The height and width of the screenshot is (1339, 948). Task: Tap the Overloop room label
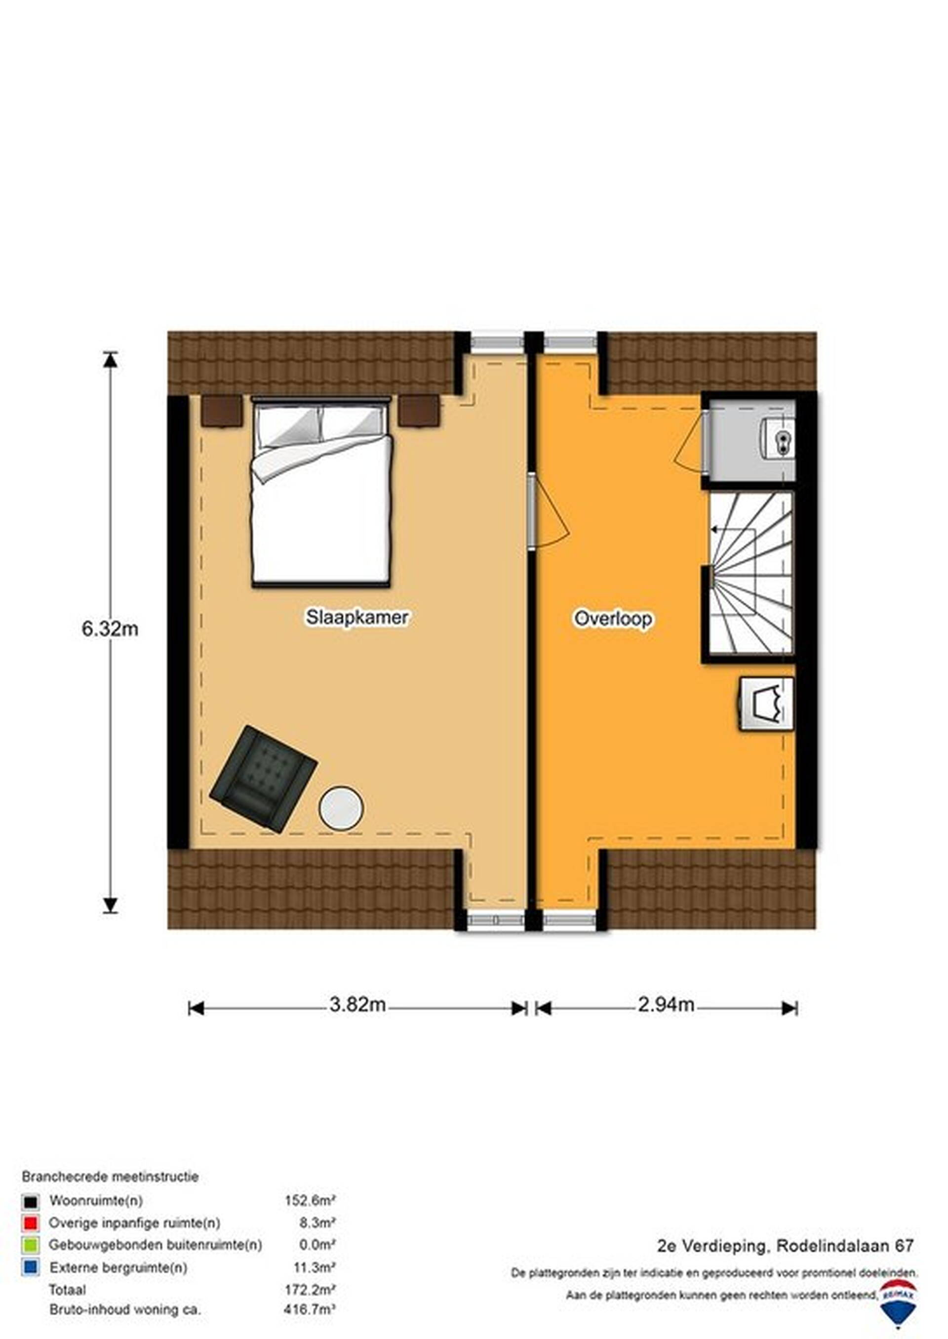click(x=612, y=619)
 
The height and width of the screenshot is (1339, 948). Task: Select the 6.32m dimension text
click(x=110, y=629)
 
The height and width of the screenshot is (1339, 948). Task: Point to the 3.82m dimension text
click(x=357, y=1004)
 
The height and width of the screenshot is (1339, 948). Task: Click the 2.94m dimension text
click(x=666, y=1004)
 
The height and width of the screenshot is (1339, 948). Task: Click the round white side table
click(x=341, y=808)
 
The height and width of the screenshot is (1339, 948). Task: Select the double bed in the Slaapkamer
click(x=321, y=491)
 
